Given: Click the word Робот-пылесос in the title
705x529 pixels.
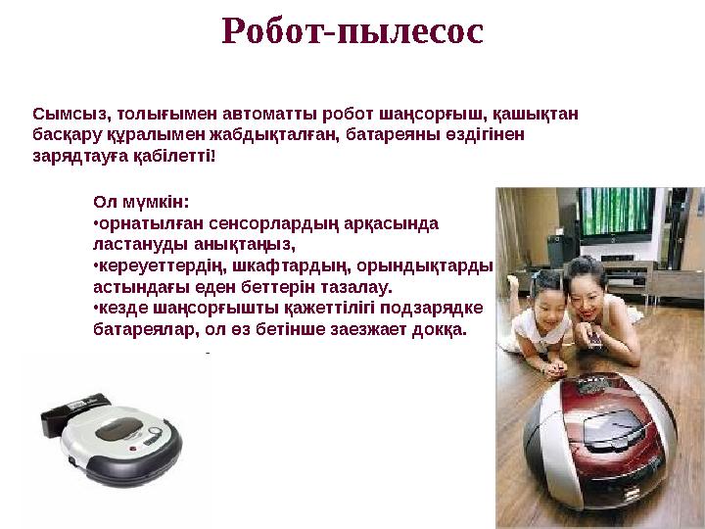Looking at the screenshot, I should pos(352,31).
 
